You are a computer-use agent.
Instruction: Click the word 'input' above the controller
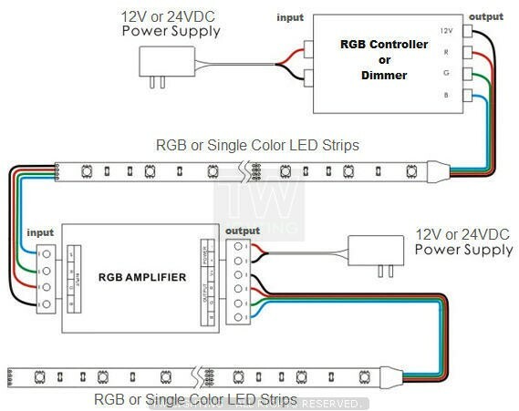coord(290,17)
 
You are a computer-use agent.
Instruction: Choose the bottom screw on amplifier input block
coord(43,305)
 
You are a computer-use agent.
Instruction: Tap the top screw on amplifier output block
coord(239,246)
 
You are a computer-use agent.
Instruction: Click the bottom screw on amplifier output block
coord(239,315)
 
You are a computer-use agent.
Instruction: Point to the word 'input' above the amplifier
coord(41,233)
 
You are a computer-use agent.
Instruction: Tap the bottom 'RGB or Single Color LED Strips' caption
coord(195,399)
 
